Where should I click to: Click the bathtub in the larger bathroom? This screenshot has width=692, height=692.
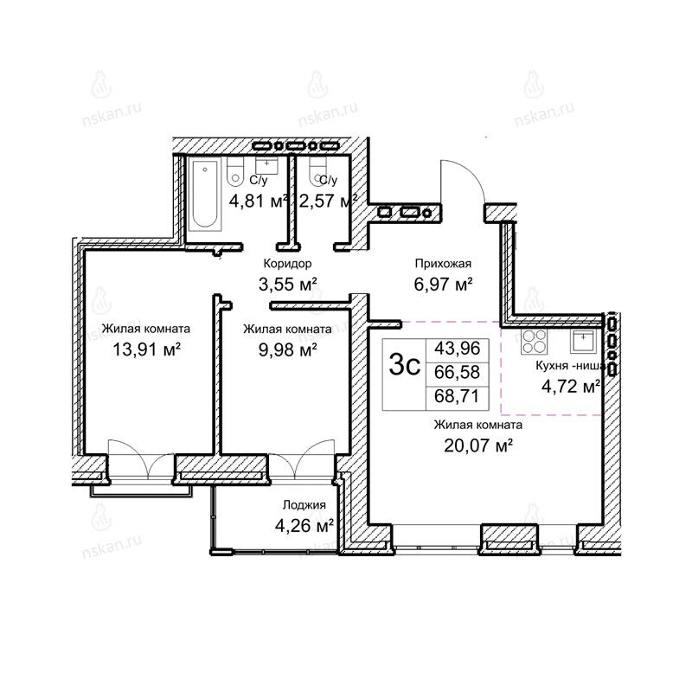tap(205, 195)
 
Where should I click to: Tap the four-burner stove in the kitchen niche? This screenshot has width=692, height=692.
tap(534, 342)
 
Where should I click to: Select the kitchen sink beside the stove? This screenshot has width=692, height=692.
tap(582, 341)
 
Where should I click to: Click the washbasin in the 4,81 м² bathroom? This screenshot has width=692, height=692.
tap(266, 165)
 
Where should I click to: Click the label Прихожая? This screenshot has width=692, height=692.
tap(443, 264)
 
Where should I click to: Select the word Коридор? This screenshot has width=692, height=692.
tap(287, 264)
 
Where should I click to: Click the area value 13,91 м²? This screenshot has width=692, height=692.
tap(147, 349)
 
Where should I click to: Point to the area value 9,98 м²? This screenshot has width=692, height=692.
tap(287, 349)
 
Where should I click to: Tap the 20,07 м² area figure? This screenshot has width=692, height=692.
tap(478, 445)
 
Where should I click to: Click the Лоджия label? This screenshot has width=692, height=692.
tap(304, 505)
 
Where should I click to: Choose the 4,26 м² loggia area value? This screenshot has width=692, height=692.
tap(304, 526)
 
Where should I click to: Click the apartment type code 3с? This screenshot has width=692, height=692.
tap(404, 366)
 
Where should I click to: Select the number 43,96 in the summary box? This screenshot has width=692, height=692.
tap(457, 349)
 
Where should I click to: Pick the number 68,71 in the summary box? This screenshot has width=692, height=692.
tap(457, 396)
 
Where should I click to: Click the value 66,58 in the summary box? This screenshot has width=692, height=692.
tap(457, 373)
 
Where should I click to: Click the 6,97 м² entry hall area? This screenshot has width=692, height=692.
tap(443, 285)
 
